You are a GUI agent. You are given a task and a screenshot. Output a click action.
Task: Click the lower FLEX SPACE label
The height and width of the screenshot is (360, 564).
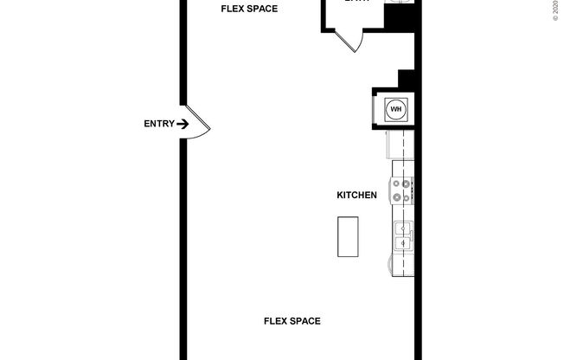tap(292, 321)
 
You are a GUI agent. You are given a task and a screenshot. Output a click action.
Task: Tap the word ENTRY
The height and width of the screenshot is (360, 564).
tap(158, 124)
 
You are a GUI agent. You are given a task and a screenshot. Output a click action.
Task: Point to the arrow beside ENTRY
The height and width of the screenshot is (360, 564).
tap(183, 124)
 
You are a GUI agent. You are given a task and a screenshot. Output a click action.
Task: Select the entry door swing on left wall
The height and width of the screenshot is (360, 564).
tap(198, 124)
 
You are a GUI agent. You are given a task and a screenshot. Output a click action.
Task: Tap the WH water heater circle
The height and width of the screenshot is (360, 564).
tap(396, 109)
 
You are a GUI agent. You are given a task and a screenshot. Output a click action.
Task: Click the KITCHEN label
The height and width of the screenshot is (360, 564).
tap(356, 196)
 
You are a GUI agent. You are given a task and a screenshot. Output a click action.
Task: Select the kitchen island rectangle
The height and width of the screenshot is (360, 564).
tap(348, 236)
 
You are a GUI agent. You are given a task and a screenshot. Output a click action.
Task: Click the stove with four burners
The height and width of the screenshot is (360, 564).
tap(402, 190)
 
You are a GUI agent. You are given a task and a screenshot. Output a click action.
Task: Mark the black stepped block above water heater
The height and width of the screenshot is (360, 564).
tap(407, 79)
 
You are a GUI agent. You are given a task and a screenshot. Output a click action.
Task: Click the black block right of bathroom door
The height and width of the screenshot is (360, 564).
tap(399, 18)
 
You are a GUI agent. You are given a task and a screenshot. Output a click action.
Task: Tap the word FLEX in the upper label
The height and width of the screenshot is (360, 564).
tap(231, 10)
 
